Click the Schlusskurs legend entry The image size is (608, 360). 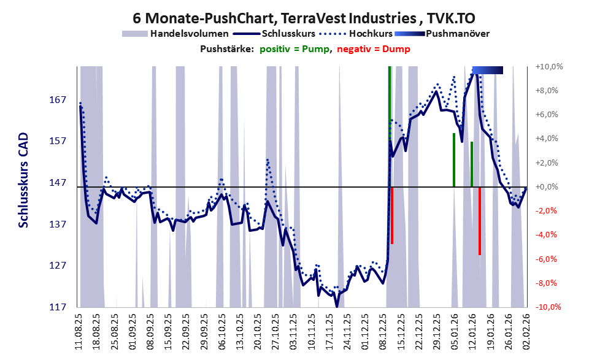pyautogui.click(x=288, y=33)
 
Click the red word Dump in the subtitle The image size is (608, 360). pyautogui.click(x=396, y=48)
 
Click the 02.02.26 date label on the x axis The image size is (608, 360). pyautogui.click(x=526, y=331)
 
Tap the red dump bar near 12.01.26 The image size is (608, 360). pyautogui.click(x=479, y=221)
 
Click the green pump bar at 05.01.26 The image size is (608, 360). pyautogui.click(x=453, y=159)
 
